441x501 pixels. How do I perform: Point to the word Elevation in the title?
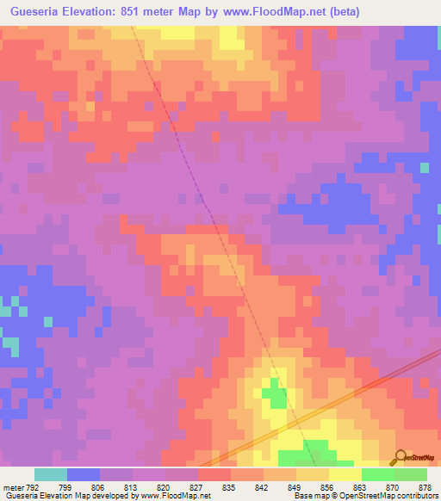(x=103, y=12)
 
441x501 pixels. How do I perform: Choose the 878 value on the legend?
(x=425, y=486)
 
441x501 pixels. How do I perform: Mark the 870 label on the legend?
(x=393, y=486)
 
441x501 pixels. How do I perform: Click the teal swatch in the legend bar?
(x=51, y=474)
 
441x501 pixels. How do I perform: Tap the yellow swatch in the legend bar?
(x=345, y=474)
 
